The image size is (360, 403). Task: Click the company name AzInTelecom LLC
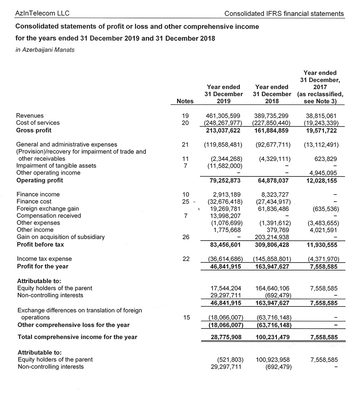point(42,14)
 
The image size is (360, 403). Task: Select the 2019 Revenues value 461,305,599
point(224,116)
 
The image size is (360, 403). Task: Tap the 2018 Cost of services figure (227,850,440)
point(272,123)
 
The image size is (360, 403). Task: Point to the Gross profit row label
point(34,130)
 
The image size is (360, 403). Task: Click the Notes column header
point(185,102)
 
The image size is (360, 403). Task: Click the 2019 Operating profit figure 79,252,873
point(225,180)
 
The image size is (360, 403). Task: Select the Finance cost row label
point(34,201)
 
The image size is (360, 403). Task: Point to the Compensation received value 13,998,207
point(225,216)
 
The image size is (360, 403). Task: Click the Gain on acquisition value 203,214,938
point(272,237)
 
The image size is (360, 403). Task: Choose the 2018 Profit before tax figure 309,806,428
point(272,244)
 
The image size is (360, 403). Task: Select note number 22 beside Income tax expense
point(186,259)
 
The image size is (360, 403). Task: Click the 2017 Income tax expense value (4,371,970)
point(323,259)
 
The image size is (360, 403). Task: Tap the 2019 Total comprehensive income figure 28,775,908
point(225,337)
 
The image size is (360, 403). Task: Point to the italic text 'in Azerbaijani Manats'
point(45,50)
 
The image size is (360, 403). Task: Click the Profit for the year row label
point(42,267)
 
